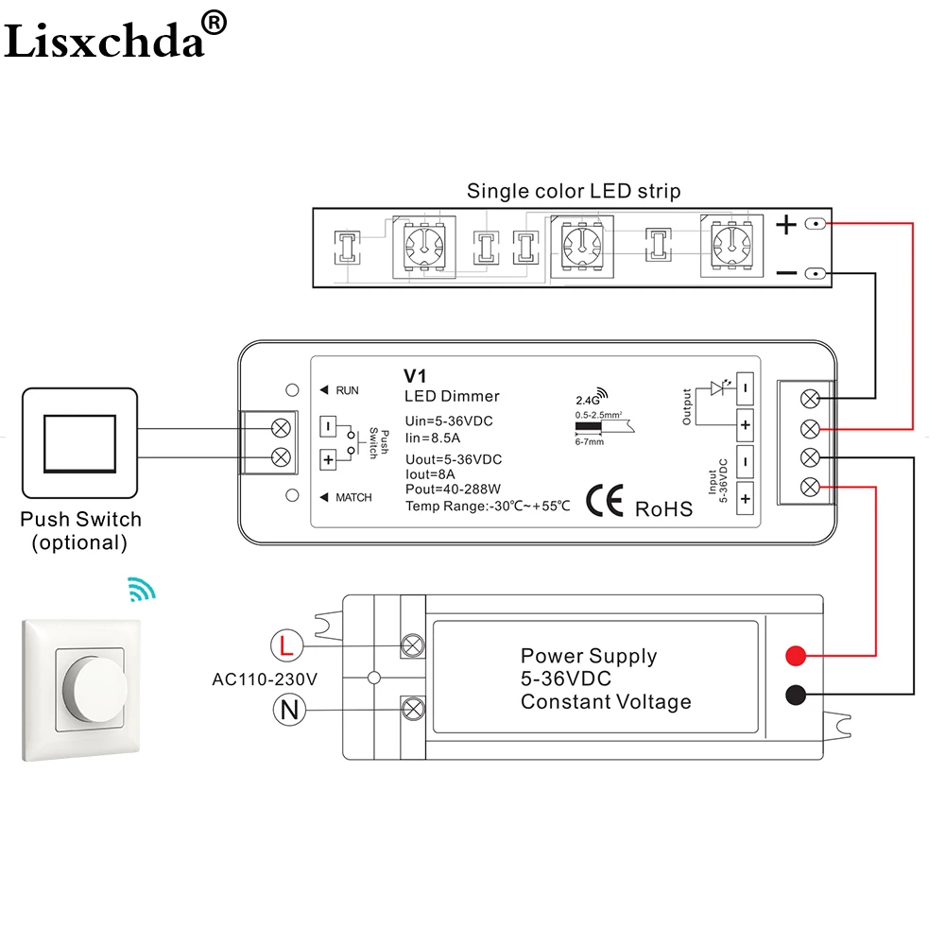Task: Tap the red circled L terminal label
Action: pyautogui.click(x=287, y=645)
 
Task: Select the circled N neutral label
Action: pyautogui.click(x=289, y=710)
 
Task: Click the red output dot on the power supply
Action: pyautogui.click(x=796, y=656)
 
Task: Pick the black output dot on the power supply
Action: pyautogui.click(x=796, y=695)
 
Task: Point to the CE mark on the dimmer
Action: pyautogui.click(x=605, y=501)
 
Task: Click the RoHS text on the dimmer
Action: pyautogui.click(x=663, y=509)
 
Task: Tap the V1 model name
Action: pyautogui.click(x=415, y=376)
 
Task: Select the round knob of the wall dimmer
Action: pyautogui.click(x=101, y=689)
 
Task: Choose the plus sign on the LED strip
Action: pyautogui.click(x=786, y=225)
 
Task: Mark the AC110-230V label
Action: pyautogui.click(x=265, y=679)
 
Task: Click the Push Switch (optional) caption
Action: pyautogui.click(x=80, y=531)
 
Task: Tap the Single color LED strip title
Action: pyautogui.click(x=574, y=191)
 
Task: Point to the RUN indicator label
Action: pyautogui.click(x=347, y=390)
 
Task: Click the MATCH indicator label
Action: pyautogui.click(x=353, y=497)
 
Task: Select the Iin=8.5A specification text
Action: pyautogui.click(x=432, y=438)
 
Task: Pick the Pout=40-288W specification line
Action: pyautogui.click(x=454, y=490)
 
